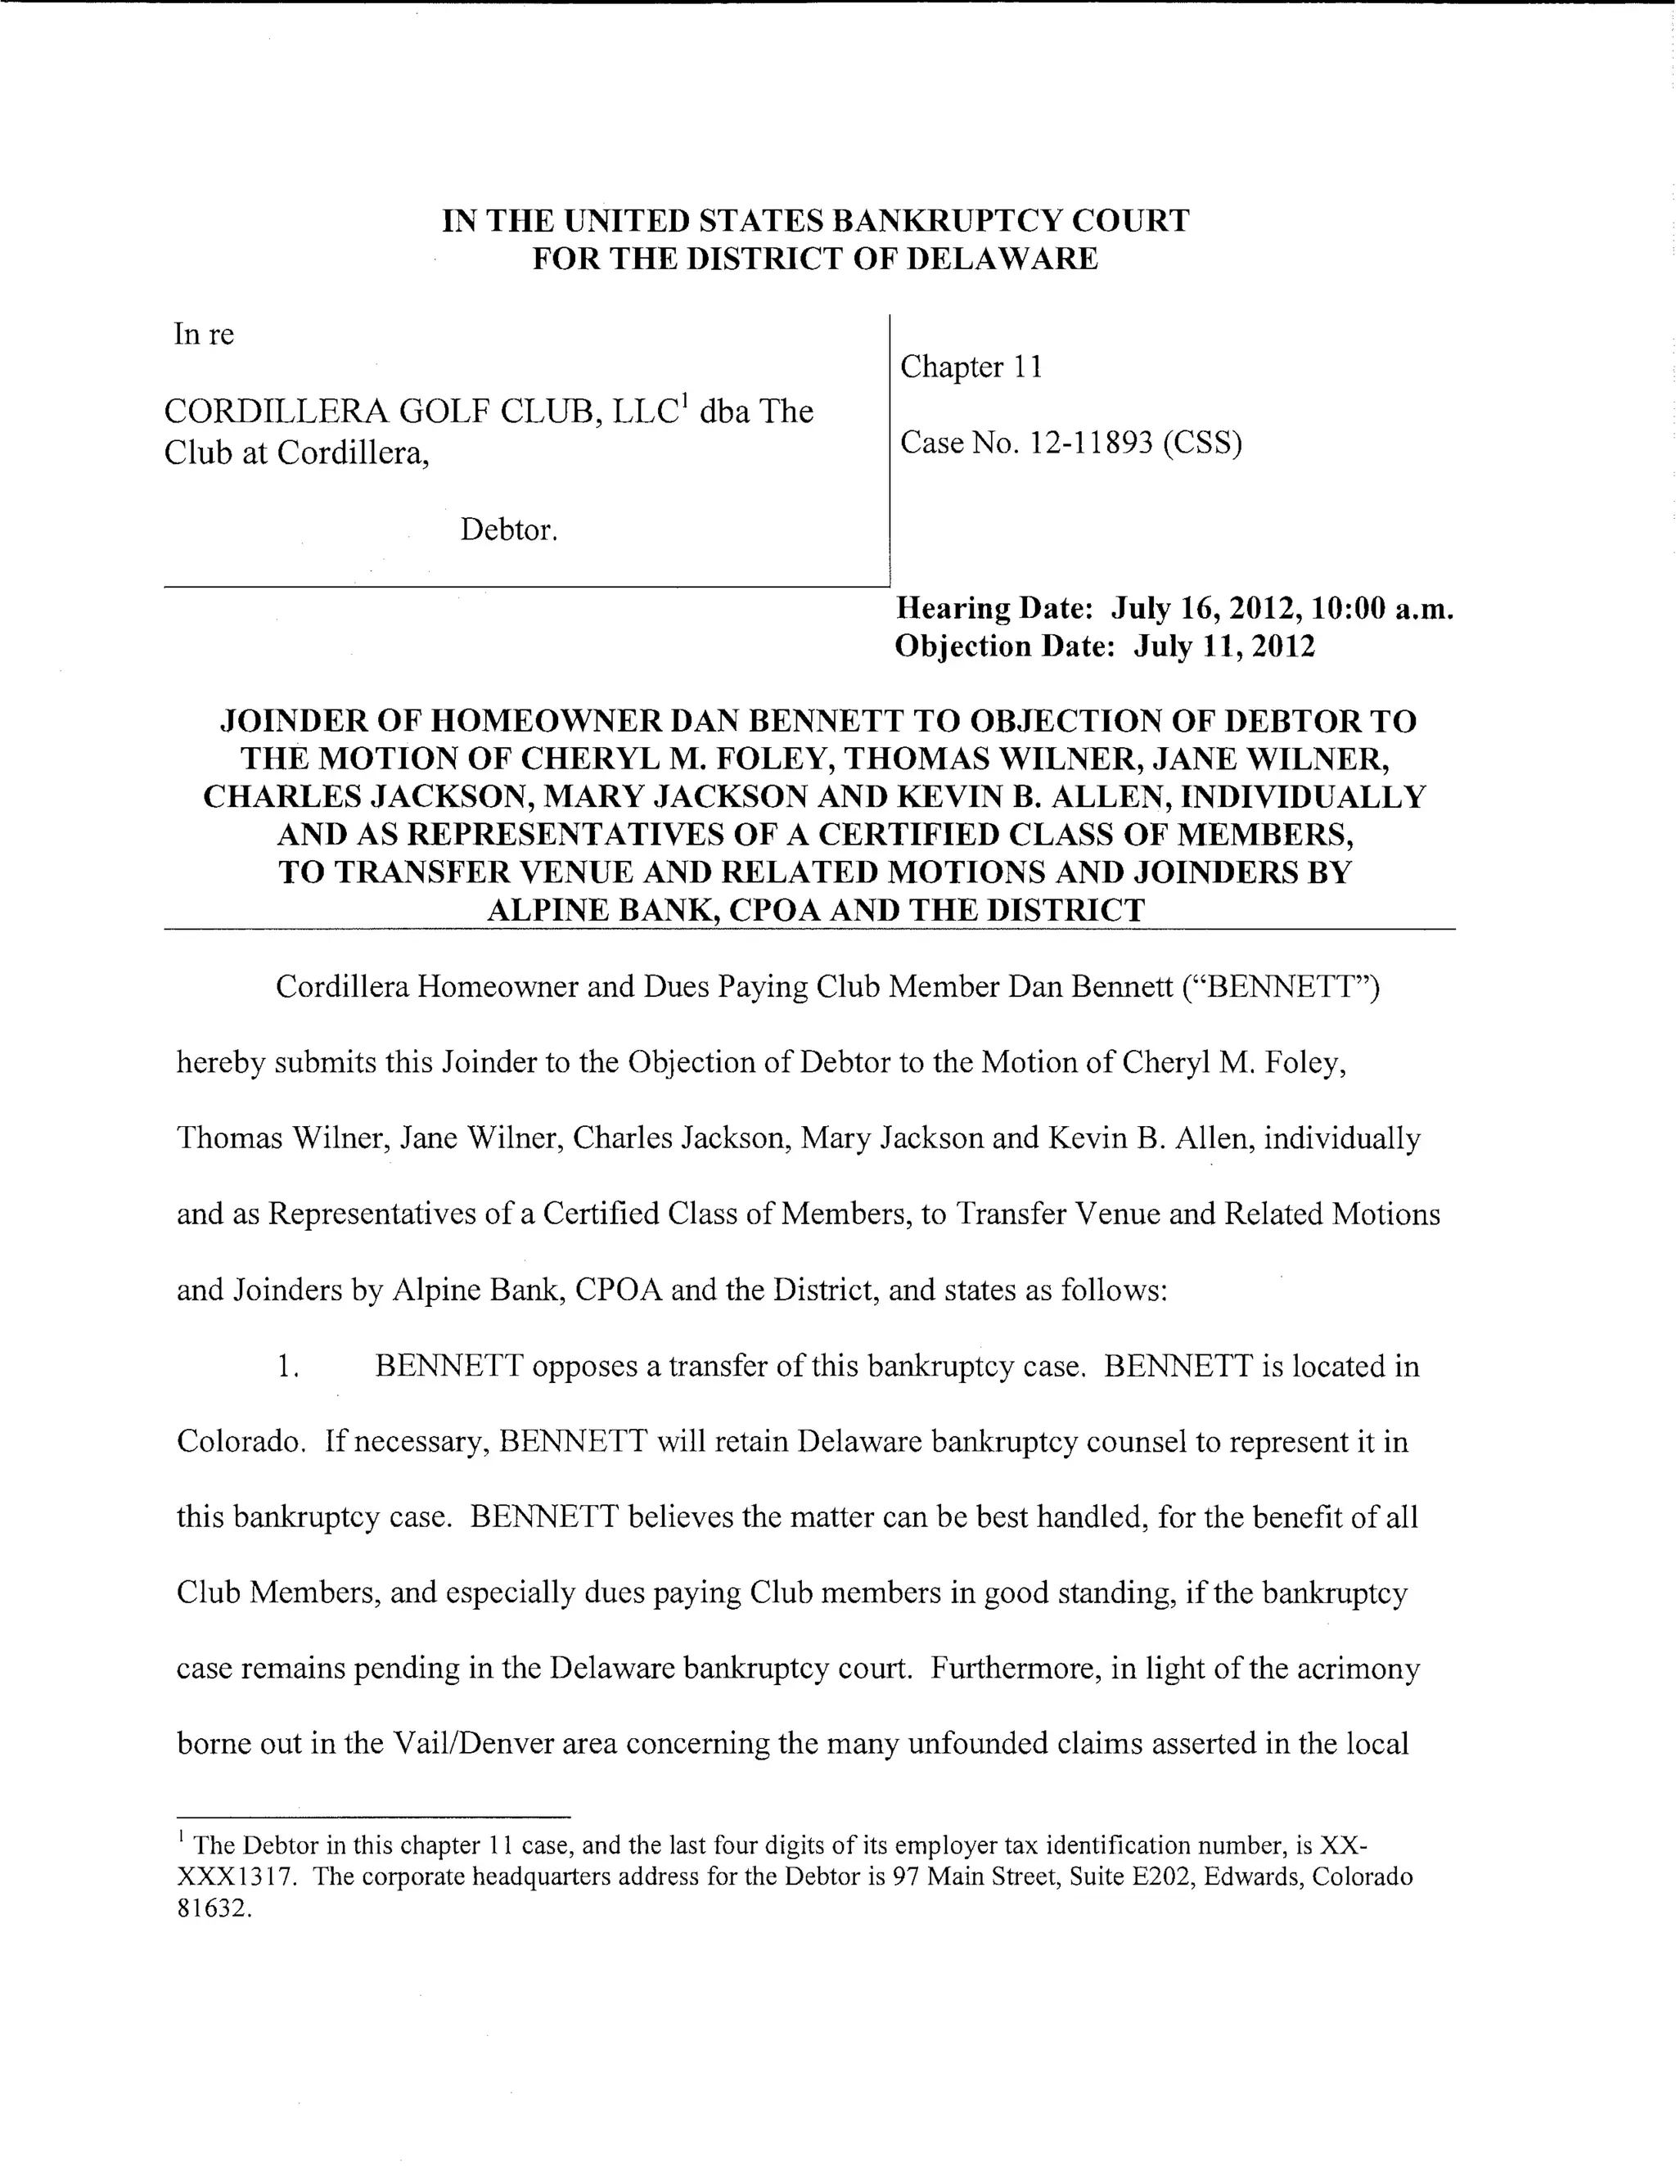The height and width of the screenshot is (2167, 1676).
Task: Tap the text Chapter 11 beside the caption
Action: click(x=971, y=367)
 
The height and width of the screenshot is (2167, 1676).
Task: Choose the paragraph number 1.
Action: click(x=288, y=1367)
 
